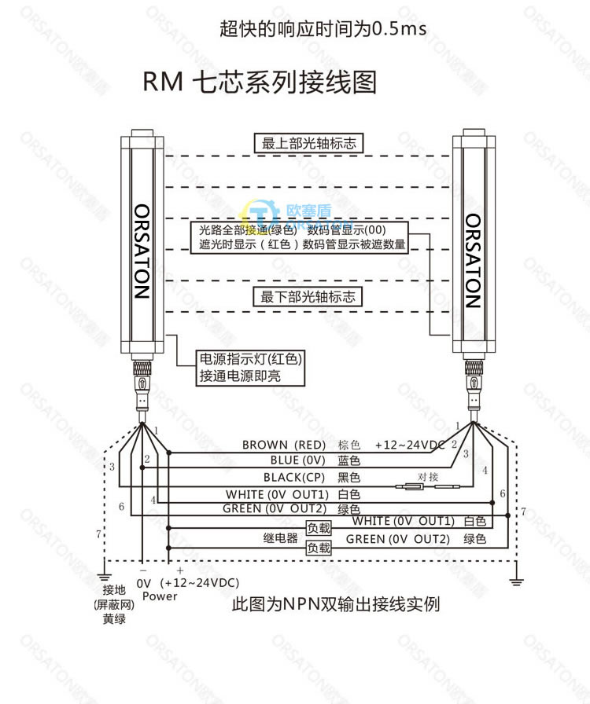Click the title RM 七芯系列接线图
(260, 82)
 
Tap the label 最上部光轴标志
(308, 143)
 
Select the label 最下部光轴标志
(308, 296)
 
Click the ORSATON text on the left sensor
(141, 252)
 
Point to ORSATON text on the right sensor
(473, 260)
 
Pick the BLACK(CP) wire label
(293, 477)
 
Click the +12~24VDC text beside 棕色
(410, 445)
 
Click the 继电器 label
(279, 539)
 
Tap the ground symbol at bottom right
(516, 580)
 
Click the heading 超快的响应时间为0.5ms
(323, 29)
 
